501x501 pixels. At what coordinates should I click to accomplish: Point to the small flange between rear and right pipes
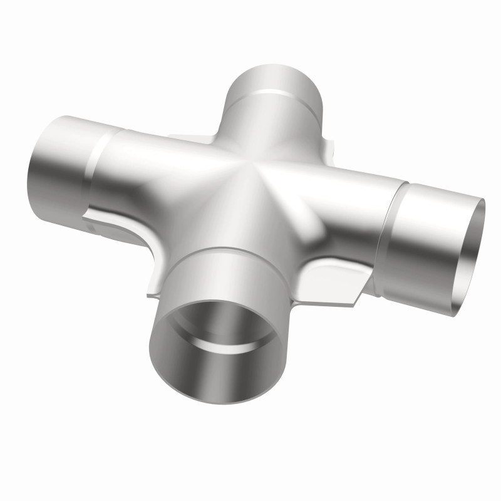[x=328, y=150]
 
